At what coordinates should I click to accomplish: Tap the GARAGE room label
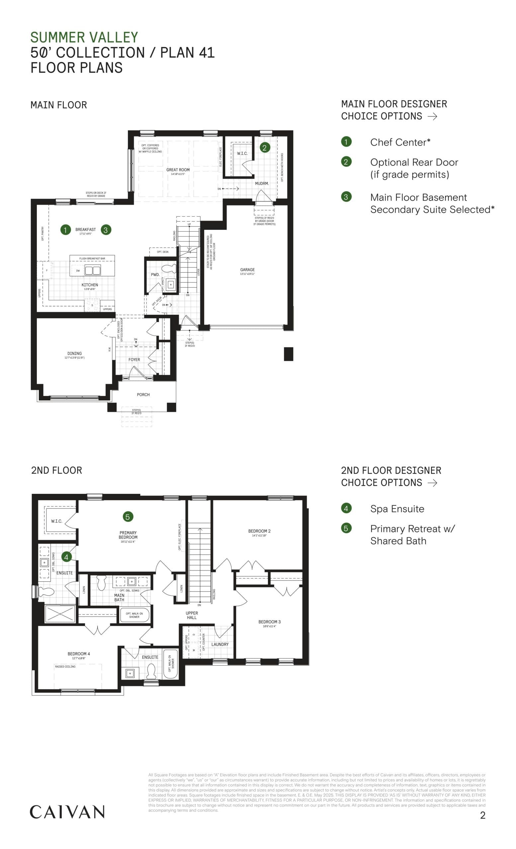(247, 270)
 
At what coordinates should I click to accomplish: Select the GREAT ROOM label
(178, 170)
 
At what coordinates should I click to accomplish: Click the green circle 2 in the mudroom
(265, 148)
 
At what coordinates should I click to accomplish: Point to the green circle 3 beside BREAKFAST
(106, 230)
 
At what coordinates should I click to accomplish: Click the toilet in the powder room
(169, 268)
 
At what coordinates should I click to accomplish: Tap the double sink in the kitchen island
(92, 271)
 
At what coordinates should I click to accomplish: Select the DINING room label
(74, 354)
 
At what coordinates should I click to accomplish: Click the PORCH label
(143, 395)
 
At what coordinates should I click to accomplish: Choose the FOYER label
(134, 360)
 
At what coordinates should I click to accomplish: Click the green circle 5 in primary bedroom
(128, 516)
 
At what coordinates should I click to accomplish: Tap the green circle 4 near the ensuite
(66, 556)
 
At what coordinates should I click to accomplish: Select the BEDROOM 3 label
(269, 622)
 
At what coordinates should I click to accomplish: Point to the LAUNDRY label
(220, 644)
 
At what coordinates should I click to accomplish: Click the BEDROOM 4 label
(79, 654)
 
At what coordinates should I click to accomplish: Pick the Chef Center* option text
(400, 142)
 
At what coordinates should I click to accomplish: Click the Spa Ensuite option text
(397, 509)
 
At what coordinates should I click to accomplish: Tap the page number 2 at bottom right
(482, 815)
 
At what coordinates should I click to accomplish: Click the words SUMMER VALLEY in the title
(84, 37)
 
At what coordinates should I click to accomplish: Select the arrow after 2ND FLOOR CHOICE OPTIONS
(432, 483)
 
